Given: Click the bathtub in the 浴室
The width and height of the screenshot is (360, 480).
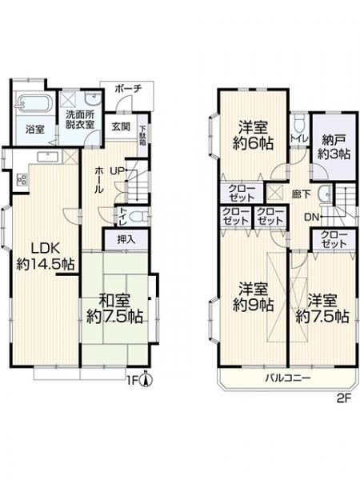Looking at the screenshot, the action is (35, 103).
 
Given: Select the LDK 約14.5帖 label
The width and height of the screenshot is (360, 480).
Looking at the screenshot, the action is (46, 257).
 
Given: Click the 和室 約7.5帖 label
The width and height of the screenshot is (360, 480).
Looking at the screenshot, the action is (114, 309).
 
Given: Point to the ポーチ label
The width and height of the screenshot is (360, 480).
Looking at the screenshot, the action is (129, 89).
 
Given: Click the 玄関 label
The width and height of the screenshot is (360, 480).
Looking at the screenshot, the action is (120, 126).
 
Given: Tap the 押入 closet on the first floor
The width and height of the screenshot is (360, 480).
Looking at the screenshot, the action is (126, 239).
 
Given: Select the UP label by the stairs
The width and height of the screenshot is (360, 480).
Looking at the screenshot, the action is (117, 171).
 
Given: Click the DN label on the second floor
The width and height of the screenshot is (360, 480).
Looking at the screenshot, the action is (312, 218).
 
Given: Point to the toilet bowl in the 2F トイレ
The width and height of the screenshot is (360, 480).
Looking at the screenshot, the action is (298, 125).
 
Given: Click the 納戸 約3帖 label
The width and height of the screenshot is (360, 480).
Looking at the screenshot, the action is (334, 146).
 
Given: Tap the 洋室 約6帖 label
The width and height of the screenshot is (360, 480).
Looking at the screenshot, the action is (253, 135).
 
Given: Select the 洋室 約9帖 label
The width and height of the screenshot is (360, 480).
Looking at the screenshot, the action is (253, 297).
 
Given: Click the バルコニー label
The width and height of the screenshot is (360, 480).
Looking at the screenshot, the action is (288, 378).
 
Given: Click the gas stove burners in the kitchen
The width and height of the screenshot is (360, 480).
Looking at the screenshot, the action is (22, 180).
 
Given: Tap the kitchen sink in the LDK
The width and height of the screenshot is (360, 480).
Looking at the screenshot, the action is (48, 157).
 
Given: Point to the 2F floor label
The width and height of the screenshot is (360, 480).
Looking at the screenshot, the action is (343, 400).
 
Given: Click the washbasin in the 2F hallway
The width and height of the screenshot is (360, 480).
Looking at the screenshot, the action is (325, 194).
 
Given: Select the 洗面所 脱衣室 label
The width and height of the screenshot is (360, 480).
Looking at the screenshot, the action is (81, 120).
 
